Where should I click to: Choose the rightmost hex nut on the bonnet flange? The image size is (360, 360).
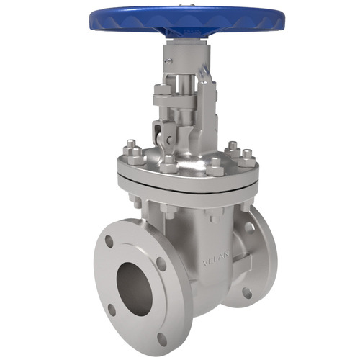coord(247,155)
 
